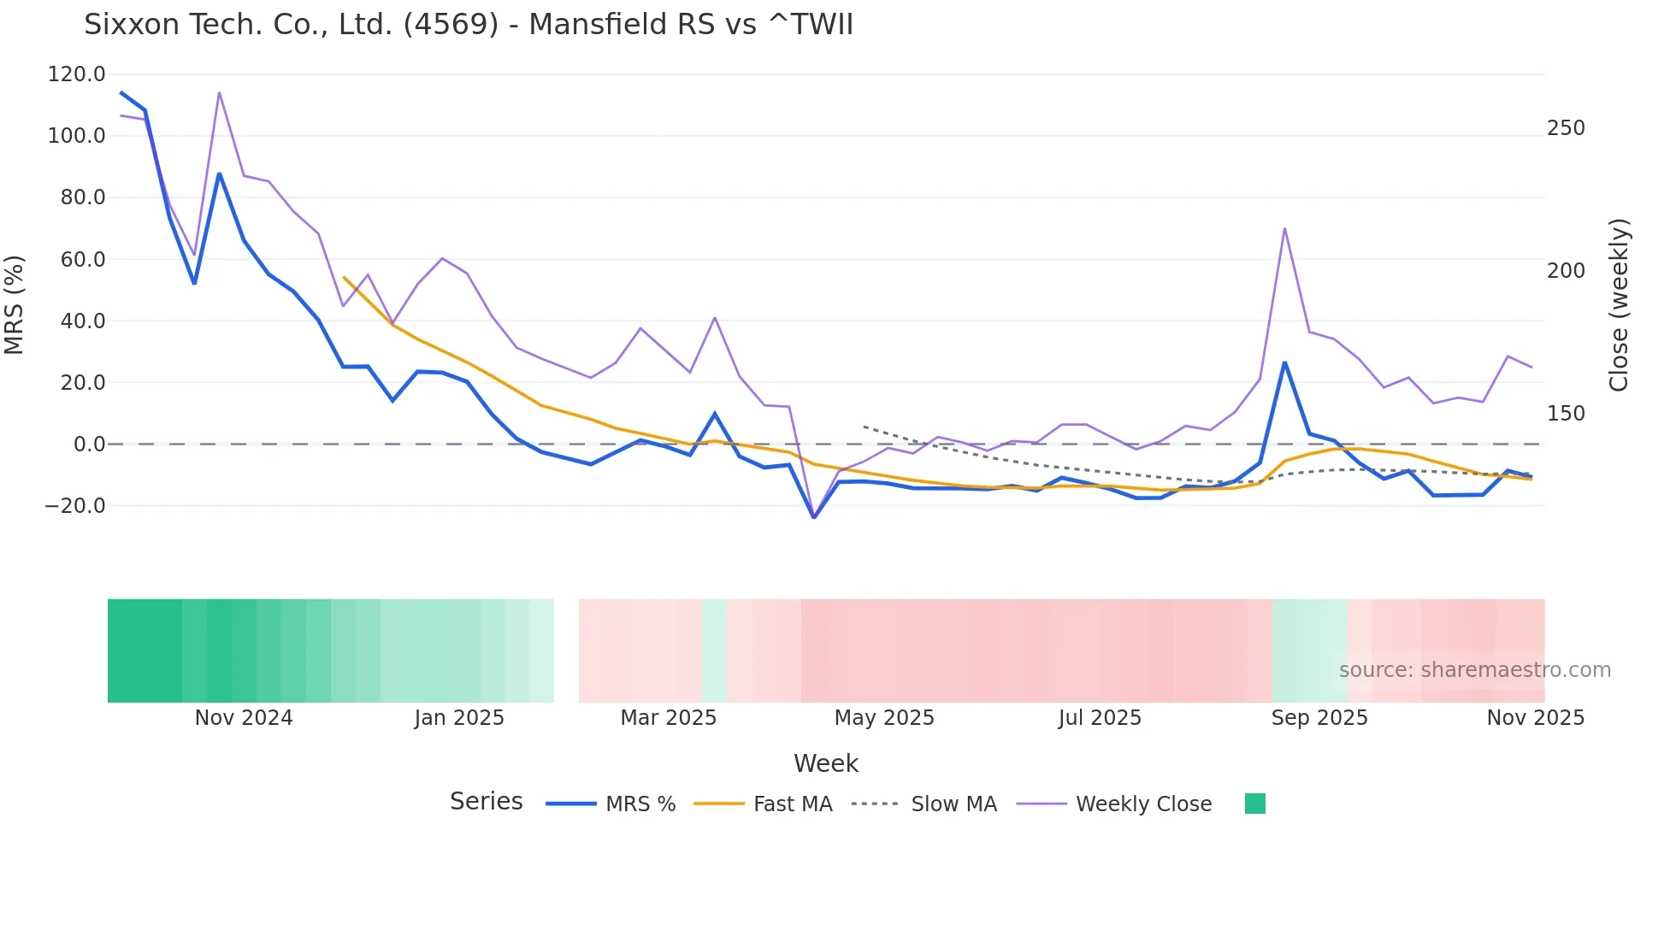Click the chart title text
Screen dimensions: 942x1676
(x=469, y=25)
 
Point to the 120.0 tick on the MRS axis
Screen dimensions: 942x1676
(x=76, y=74)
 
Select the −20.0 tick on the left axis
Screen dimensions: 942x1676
(x=75, y=506)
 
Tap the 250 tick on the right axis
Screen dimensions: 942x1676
(x=1566, y=128)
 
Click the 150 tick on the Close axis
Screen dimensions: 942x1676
(x=1566, y=414)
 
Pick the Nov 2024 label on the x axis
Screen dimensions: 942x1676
(x=244, y=718)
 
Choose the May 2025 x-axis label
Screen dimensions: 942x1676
(x=884, y=718)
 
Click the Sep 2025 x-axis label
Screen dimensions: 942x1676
(x=1319, y=718)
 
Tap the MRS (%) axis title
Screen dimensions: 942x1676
(x=15, y=304)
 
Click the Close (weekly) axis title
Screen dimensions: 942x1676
(x=1619, y=305)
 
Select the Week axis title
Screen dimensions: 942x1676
(x=825, y=763)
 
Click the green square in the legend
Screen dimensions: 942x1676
(x=1254, y=804)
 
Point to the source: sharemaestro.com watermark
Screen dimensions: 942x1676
(x=1474, y=670)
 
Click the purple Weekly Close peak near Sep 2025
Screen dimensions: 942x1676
(x=1284, y=228)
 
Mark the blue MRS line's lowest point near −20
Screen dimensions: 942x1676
(x=814, y=517)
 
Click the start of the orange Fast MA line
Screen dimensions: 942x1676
(x=344, y=277)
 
